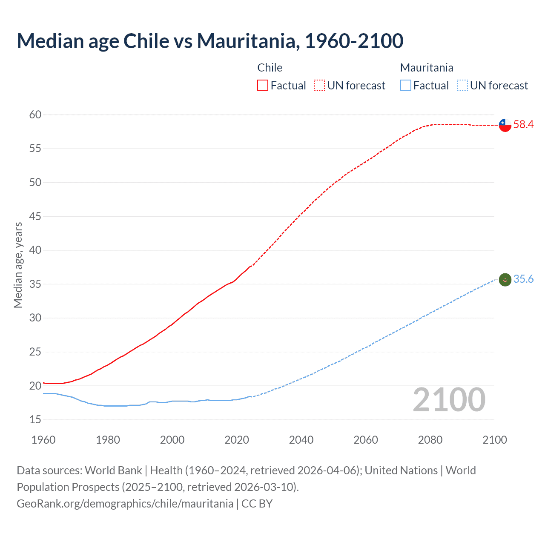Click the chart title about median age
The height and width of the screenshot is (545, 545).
coord(210,41)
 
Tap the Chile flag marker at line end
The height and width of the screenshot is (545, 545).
coord(505,125)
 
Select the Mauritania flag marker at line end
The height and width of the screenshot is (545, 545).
coord(505,280)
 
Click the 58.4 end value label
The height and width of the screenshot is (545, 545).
coord(523,125)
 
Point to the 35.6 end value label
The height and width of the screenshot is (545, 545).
coord(523,279)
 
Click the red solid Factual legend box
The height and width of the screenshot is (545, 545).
coord(263,86)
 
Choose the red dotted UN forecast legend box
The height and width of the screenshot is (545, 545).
coord(319,86)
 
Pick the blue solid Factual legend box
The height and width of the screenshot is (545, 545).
coord(406,86)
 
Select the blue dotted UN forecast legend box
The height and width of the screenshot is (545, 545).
coord(462,86)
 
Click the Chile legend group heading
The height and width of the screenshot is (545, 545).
coord(270,68)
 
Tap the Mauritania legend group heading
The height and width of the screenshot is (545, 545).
coord(427,68)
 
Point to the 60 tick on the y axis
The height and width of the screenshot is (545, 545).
coord(35,115)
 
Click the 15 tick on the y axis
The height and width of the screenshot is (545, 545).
coord(35,420)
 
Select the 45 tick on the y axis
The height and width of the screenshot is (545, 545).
coord(35,216)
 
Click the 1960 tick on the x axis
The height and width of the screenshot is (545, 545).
coord(43,440)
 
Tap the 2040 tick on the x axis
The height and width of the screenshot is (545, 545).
coord(301,440)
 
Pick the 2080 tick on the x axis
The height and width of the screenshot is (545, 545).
coord(430,440)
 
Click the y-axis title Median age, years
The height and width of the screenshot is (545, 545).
coord(18,265)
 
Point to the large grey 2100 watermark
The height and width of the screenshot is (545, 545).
coord(449,400)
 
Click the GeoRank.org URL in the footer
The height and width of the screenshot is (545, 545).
coord(125,504)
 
